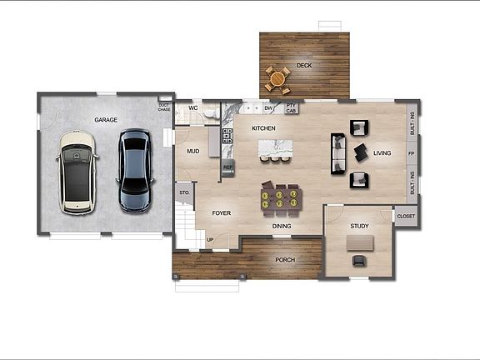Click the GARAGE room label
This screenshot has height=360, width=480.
106,120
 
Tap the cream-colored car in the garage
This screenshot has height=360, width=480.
77,170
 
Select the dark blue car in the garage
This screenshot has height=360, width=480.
135,169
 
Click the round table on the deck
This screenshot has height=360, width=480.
277,78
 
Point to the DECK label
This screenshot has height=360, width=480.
304,65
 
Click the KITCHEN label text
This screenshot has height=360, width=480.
264,128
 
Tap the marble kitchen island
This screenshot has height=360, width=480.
277,149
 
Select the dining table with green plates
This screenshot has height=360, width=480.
279,197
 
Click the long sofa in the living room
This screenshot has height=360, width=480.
338,153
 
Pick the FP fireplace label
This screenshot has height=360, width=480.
412,154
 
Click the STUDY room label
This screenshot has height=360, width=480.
359,226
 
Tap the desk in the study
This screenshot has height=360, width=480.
360,242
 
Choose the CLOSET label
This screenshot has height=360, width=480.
406,217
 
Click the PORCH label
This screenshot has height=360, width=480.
287,259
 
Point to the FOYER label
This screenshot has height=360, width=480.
221,213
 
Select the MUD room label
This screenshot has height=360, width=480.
192,152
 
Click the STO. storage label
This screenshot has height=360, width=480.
183,193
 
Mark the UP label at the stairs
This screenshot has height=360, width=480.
210,240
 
